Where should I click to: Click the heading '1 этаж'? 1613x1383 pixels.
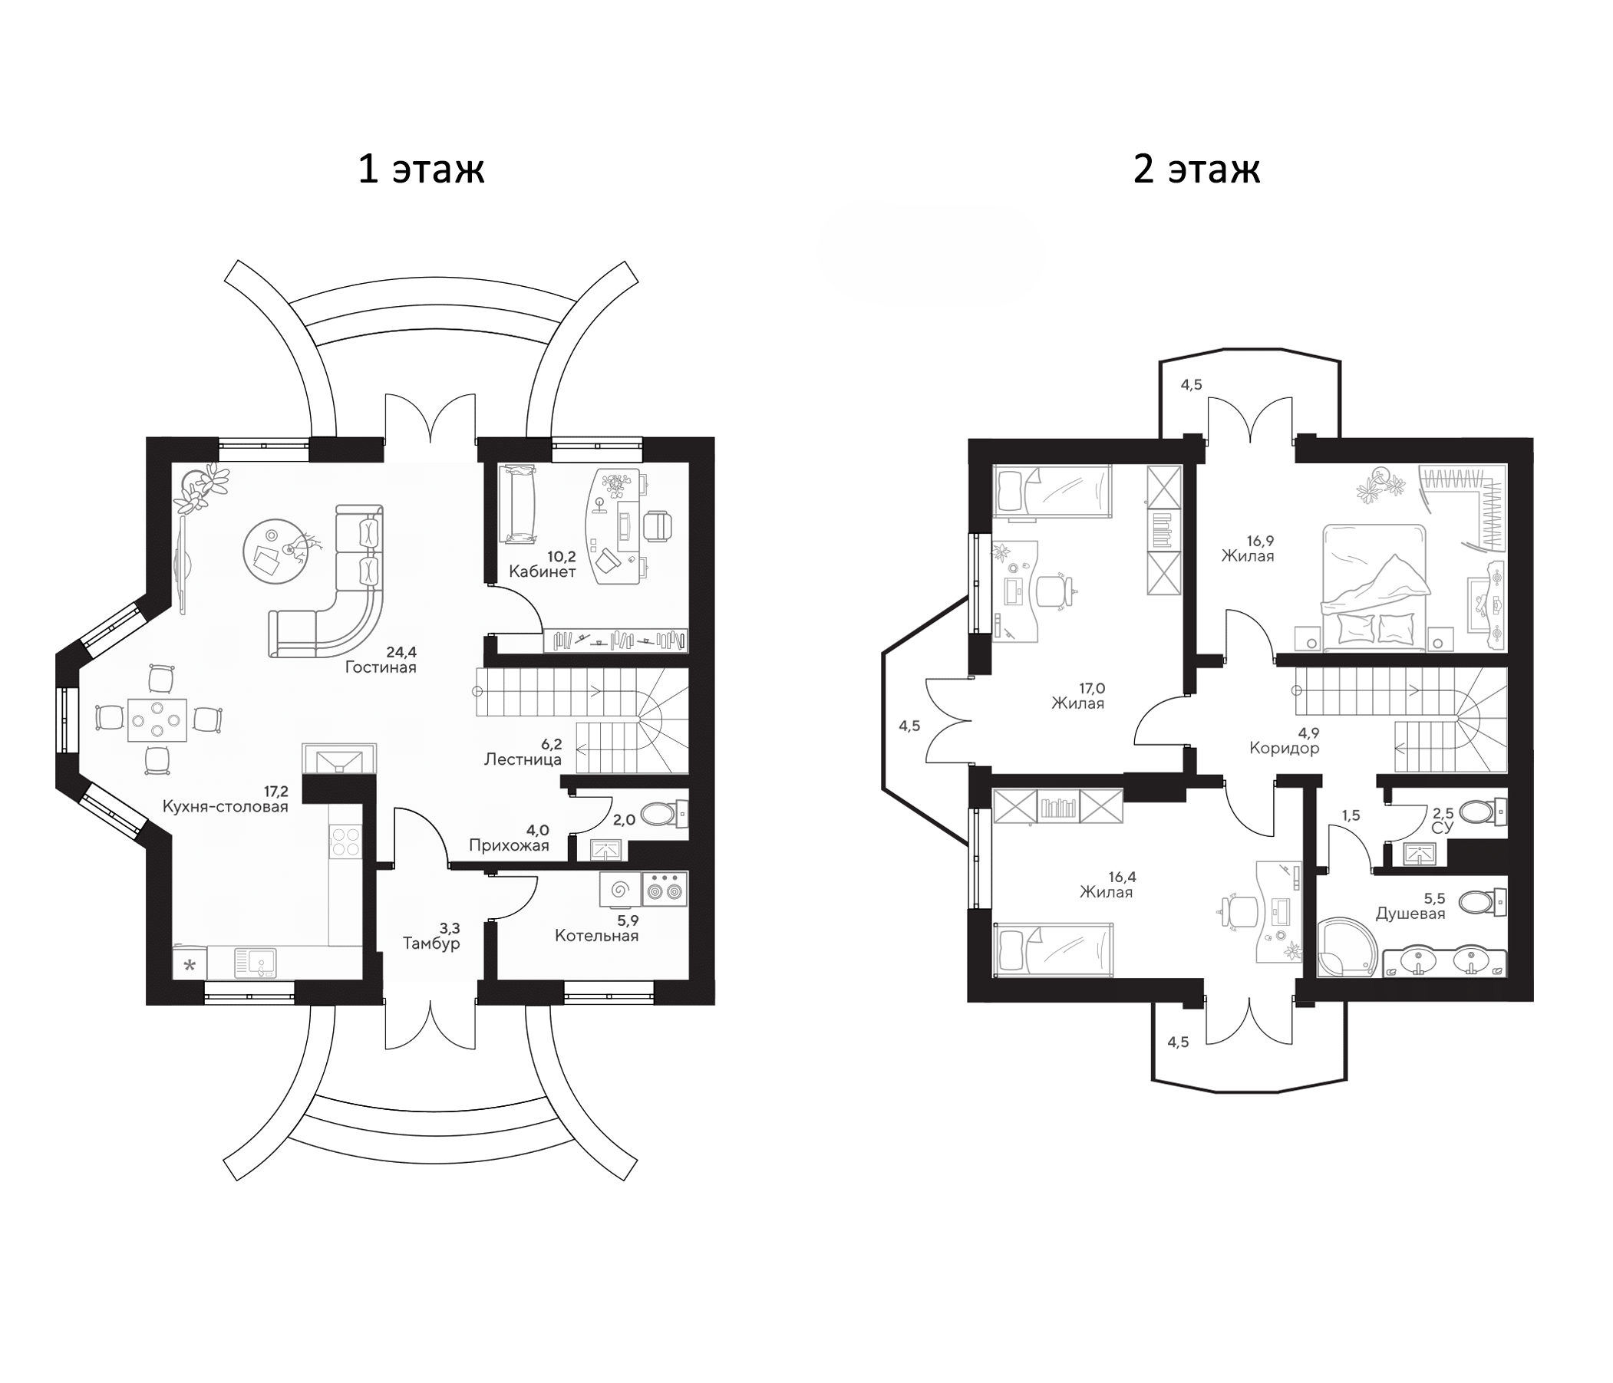click(x=421, y=169)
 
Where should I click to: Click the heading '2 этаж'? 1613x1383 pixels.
click(x=1196, y=169)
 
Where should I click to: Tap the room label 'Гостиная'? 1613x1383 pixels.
click(x=381, y=668)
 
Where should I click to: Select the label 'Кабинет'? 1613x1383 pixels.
click(x=542, y=572)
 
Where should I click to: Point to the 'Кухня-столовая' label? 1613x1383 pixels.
click(x=225, y=806)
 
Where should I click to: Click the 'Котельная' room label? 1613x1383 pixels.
click(x=596, y=936)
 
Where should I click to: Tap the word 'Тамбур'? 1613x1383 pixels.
click(x=431, y=943)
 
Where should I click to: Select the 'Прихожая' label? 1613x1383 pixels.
click(x=508, y=845)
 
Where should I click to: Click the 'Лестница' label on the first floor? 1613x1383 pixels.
click(x=523, y=759)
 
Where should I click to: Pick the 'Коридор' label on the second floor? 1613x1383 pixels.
click(x=1284, y=749)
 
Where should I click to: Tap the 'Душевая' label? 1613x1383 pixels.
click(x=1410, y=914)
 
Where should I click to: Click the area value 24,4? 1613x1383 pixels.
click(x=401, y=652)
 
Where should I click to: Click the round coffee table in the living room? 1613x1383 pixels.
click(x=272, y=550)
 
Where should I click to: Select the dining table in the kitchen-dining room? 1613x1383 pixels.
click(x=157, y=720)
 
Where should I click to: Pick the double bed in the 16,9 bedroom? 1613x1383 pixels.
click(x=1375, y=587)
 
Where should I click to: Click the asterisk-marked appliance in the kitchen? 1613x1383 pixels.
click(x=190, y=966)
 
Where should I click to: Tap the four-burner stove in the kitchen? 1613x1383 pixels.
click(x=346, y=841)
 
